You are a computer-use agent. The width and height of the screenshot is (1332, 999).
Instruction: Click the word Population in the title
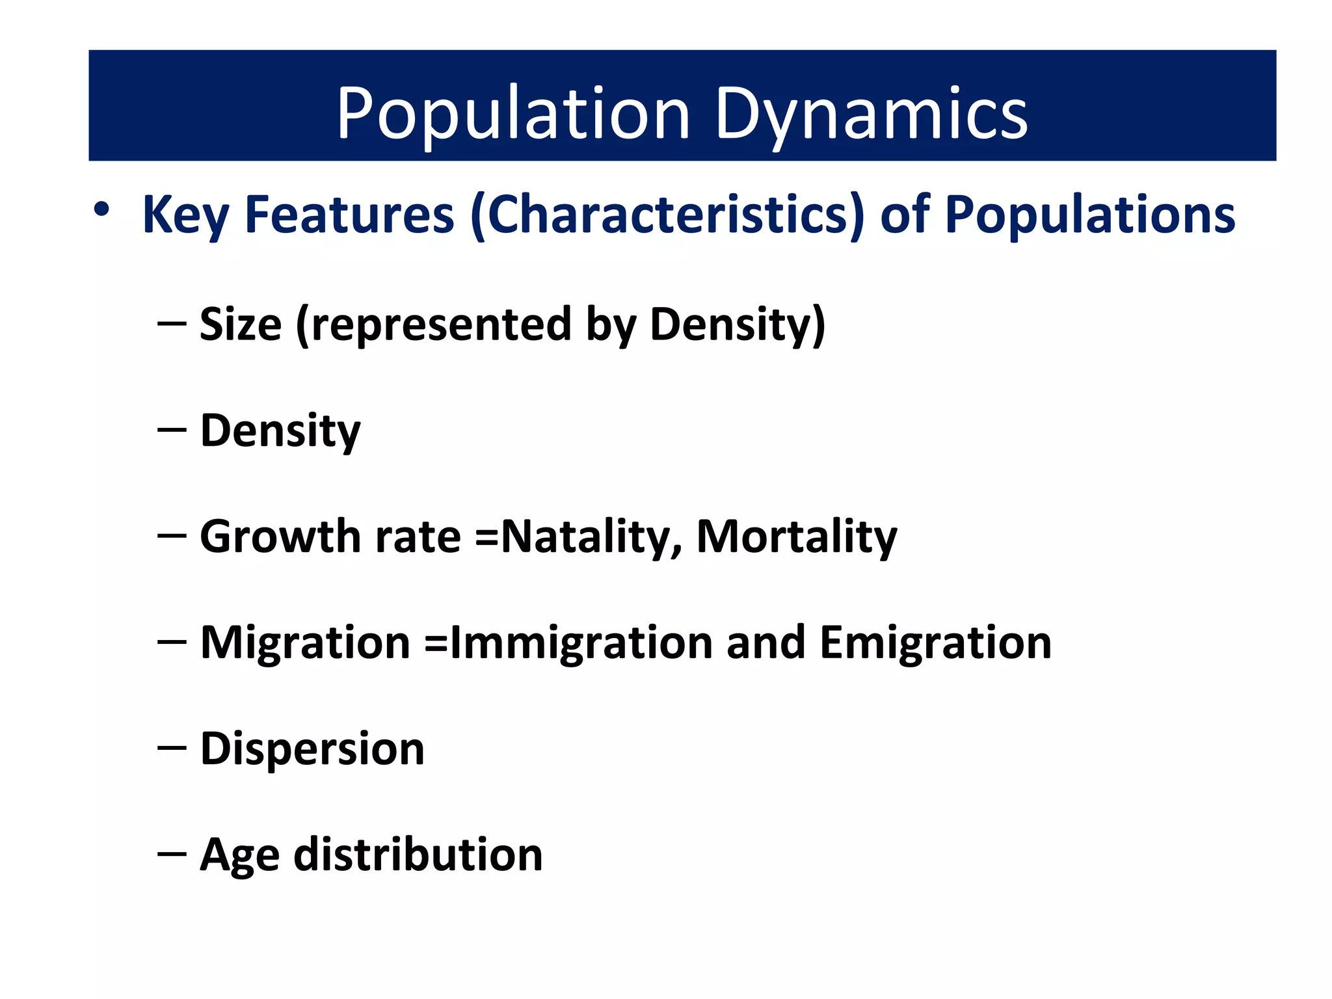tap(513, 114)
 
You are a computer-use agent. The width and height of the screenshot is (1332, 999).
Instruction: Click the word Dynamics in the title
tap(872, 114)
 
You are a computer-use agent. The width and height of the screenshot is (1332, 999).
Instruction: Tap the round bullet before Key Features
tap(101, 209)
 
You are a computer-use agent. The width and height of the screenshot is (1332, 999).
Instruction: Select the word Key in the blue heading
tap(185, 215)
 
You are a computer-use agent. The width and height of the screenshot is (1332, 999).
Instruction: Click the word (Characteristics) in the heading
tap(667, 215)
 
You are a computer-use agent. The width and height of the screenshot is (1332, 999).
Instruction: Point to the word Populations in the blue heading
tap(1089, 215)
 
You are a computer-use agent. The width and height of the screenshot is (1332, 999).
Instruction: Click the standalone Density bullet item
tap(280, 431)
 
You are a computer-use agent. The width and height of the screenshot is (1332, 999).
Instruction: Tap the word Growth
tap(280, 537)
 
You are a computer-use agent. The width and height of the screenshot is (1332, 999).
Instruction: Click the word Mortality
tap(796, 537)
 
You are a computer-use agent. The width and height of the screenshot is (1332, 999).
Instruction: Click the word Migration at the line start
tap(304, 643)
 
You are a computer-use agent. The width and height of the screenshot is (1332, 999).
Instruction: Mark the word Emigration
tap(935, 643)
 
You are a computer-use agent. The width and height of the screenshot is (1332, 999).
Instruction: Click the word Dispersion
tap(312, 749)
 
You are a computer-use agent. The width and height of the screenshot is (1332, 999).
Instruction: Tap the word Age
tap(239, 855)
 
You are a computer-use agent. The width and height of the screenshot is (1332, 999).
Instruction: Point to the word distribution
tap(418, 855)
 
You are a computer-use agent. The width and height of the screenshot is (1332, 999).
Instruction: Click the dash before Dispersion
tap(172, 749)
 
